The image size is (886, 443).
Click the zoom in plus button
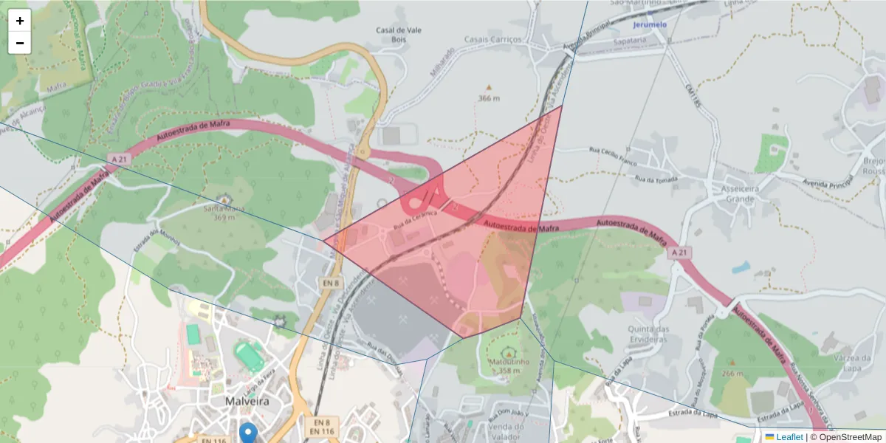tap(20, 21)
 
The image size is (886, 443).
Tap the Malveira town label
tap(247, 400)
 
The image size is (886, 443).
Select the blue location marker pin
tap(249, 433)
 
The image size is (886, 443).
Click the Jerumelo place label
tap(650, 24)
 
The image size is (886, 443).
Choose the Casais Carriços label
tap(492, 39)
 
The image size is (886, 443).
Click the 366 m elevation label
tap(489, 98)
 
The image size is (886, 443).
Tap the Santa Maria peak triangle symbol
tap(224, 200)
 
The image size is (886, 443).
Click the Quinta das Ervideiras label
tap(648, 334)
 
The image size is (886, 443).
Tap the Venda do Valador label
tap(506, 431)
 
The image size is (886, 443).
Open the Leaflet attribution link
tap(789, 437)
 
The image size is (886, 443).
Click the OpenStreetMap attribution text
tap(849, 437)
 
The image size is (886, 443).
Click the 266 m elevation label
tap(733, 374)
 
